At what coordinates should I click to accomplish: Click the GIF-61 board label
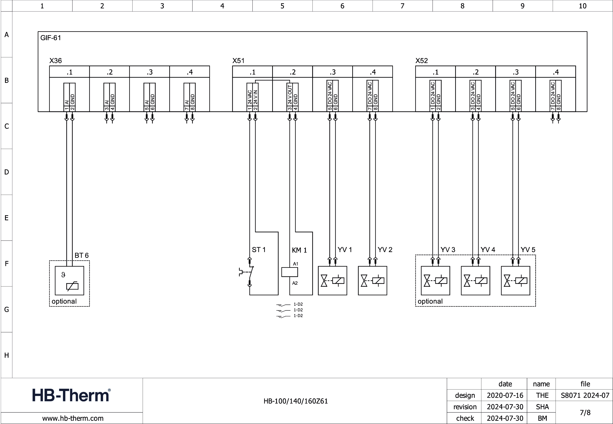point(50,38)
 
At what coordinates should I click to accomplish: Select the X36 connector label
point(55,61)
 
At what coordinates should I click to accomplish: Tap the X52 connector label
point(421,61)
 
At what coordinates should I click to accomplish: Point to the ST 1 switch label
point(258,250)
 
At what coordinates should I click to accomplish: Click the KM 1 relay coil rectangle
point(289,272)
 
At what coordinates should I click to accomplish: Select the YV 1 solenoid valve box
point(332,281)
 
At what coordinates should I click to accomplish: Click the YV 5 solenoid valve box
point(515,281)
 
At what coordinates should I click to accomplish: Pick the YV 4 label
point(488,250)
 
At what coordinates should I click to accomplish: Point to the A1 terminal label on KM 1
point(296,264)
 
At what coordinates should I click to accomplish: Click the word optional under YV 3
point(430,301)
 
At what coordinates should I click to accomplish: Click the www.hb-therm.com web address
point(73,418)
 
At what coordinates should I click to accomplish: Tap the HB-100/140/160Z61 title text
point(296,401)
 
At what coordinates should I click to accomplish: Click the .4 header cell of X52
point(556,72)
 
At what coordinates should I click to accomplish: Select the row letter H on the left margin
point(7,355)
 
